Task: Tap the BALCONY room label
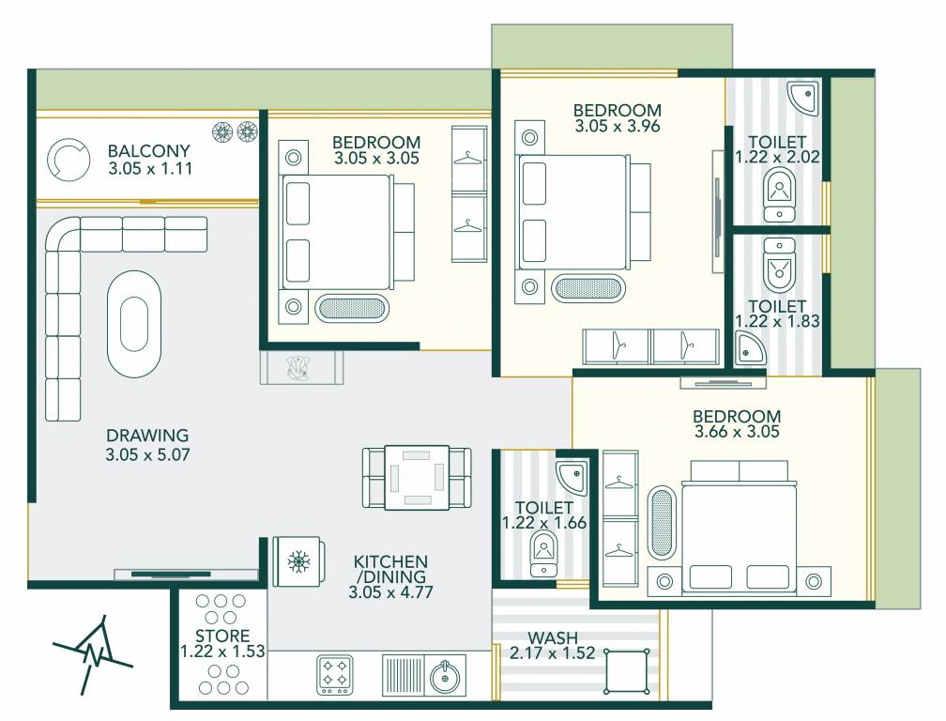click(x=148, y=151)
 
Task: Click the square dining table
click(x=417, y=477)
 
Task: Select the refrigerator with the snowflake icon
click(x=299, y=562)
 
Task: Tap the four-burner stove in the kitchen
click(x=336, y=673)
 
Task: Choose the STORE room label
click(x=222, y=636)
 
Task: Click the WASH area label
click(x=553, y=637)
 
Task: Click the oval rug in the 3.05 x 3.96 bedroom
click(x=588, y=288)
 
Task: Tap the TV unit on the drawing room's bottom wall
click(x=184, y=573)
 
